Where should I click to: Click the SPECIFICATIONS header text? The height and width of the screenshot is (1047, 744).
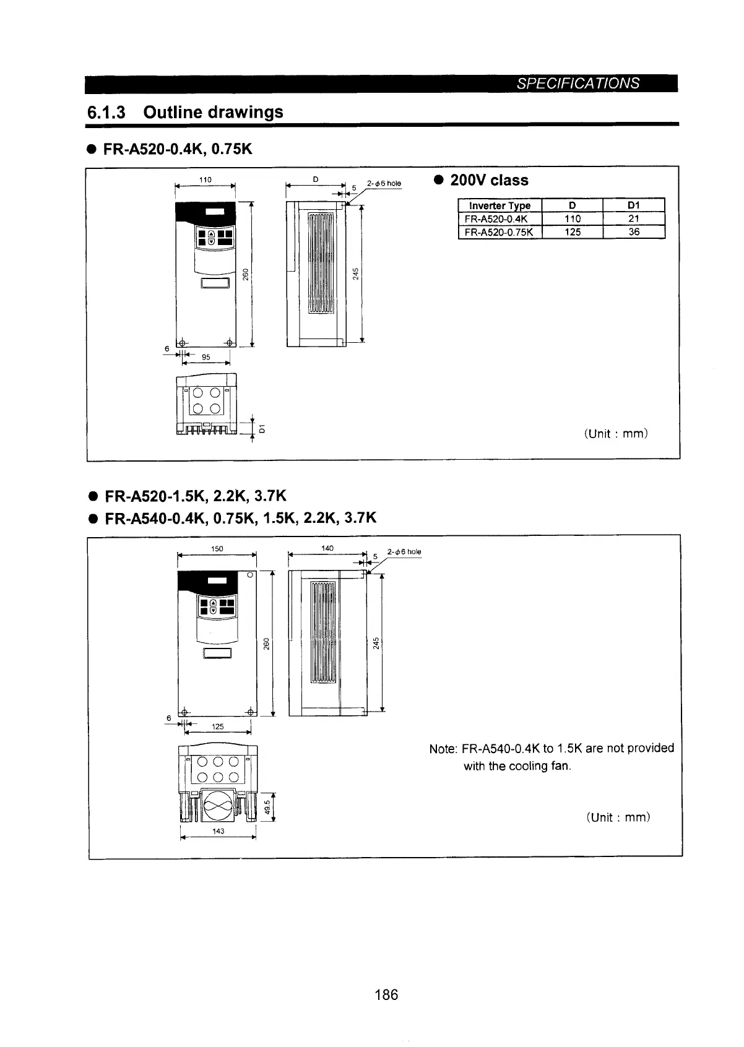click(x=578, y=84)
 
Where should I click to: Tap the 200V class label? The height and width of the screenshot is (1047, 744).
click(x=489, y=181)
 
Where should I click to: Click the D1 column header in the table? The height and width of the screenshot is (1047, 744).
click(x=633, y=205)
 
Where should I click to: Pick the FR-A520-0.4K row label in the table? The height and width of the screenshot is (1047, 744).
click(x=500, y=218)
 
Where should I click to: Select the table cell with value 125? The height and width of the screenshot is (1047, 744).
click(x=573, y=232)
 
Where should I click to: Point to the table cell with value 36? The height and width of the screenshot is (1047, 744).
click(x=633, y=232)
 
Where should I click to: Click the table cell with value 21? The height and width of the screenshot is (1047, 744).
click(x=633, y=218)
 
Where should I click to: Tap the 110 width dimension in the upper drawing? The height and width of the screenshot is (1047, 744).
click(x=205, y=180)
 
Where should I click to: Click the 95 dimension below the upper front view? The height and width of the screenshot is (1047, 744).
click(x=206, y=358)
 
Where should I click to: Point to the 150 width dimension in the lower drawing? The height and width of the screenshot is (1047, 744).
click(x=217, y=549)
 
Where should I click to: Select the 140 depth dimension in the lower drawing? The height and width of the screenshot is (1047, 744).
click(x=327, y=548)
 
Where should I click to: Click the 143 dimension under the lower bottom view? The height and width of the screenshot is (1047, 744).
click(x=218, y=831)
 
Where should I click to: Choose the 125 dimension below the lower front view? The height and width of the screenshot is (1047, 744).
click(x=218, y=726)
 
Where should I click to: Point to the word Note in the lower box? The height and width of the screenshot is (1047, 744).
click(x=442, y=749)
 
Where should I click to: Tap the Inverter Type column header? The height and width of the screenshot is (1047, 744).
click(x=500, y=205)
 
